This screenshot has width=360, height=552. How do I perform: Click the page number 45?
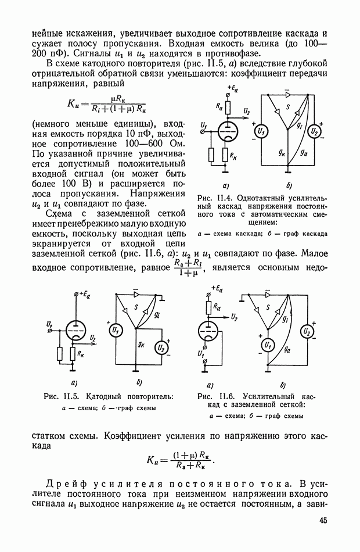click(x=323, y=521)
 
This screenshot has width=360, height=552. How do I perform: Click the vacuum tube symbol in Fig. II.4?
click(x=228, y=130)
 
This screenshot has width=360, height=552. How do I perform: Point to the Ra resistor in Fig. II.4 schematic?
click(x=228, y=106)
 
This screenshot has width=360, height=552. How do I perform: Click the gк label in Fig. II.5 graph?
click(x=141, y=344)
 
